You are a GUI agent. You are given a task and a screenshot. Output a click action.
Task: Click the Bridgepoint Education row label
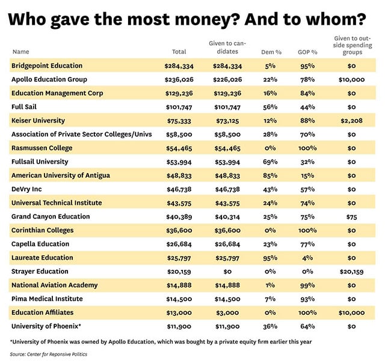pyautogui.click(x=47, y=66)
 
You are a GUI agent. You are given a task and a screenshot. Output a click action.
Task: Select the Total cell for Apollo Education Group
pyautogui.click(x=179, y=79)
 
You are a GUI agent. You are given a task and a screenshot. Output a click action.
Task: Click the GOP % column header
pyautogui.click(x=307, y=52)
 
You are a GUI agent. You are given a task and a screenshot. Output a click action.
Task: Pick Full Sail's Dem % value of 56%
pyautogui.click(x=270, y=107)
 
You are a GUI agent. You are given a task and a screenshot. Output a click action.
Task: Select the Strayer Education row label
pyautogui.click(x=40, y=272)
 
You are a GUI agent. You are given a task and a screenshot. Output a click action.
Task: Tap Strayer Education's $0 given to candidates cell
pyautogui.click(x=225, y=272)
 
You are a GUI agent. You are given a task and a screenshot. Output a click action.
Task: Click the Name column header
pyautogui.click(x=20, y=52)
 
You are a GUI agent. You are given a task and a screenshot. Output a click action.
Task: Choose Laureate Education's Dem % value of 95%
pyautogui.click(x=270, y=258)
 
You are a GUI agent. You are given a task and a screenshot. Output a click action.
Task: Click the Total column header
pyautogui.click(x=179, y=52)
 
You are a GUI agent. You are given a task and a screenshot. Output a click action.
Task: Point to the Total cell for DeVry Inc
pyautogui.click(x=179, y=189)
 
